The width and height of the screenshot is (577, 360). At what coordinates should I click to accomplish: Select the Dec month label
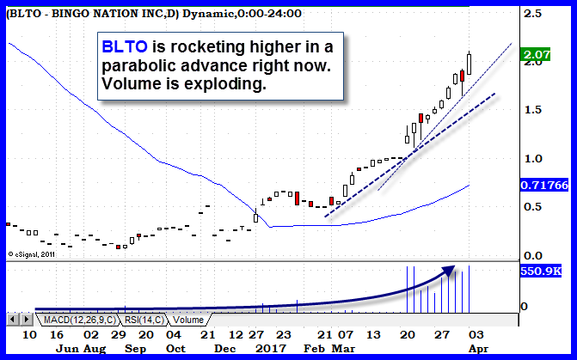tap(224, 349)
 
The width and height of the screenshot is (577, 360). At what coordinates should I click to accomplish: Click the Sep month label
tap(133, 349)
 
